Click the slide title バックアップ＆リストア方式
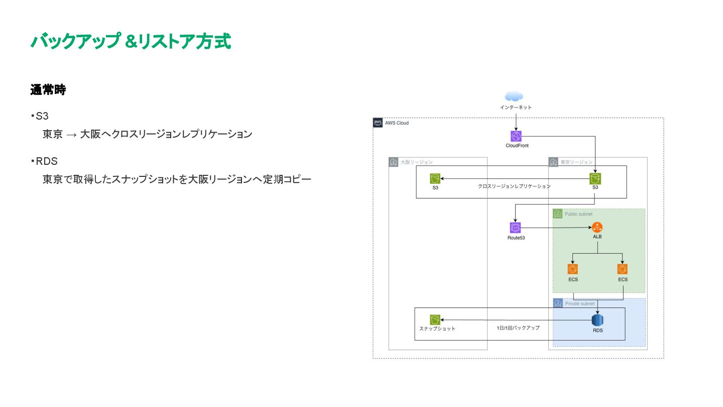131,42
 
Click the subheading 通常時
48,90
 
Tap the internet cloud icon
515,96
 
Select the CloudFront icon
516,136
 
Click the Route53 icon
516,228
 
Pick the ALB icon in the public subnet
597,227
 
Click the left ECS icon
573,269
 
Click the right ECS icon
623,269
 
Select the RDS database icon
597,320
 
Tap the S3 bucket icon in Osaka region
435,179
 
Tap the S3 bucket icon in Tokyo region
595,179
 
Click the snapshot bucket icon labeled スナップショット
435,320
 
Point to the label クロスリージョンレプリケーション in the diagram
514,186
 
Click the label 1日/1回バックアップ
518,328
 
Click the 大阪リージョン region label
416,162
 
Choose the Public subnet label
578,214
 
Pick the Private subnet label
579,303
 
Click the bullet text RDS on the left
46,161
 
